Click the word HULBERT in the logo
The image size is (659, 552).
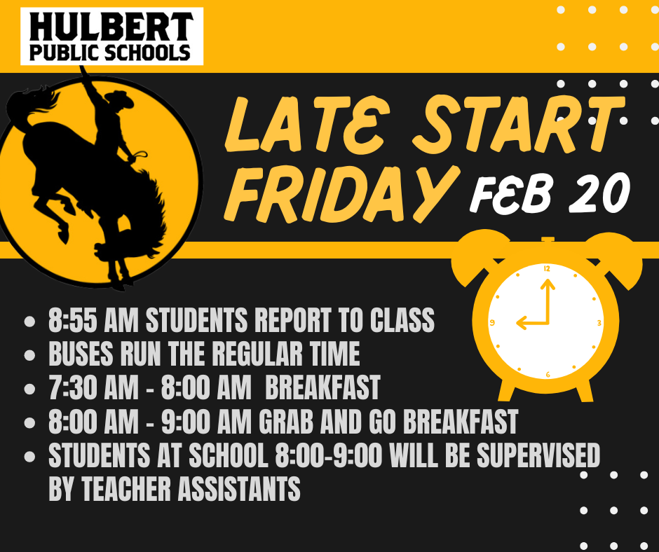pos(111,27)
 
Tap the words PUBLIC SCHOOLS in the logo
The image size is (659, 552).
pos(111,52)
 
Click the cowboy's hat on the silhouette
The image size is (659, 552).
pos(120,99)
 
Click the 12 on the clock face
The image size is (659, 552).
pos(547,268)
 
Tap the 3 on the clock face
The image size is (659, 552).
pos(599,323)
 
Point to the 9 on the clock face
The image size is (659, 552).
pos(493,323)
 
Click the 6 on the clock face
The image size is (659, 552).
pos(547,375)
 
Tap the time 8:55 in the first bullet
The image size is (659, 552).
pos(72,322)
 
